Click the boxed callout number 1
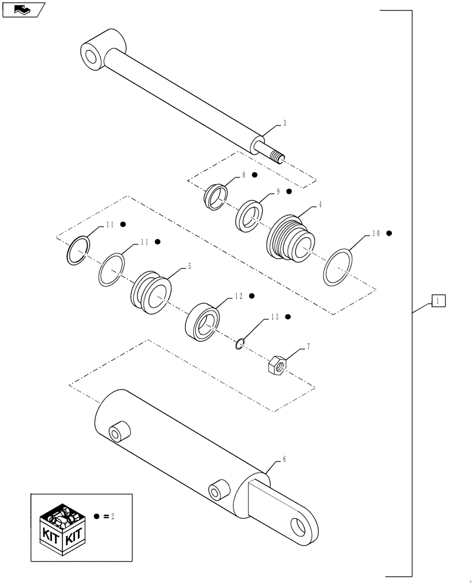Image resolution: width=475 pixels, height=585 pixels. click(439, 301)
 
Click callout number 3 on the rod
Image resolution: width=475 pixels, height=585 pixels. click(284, 123)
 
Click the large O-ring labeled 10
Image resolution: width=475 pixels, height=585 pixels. click(338, 267)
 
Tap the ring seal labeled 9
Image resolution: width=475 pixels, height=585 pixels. click(250, 215)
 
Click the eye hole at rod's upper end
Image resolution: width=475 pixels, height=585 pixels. click(92, 57)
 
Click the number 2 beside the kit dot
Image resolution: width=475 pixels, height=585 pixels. click(112, 517)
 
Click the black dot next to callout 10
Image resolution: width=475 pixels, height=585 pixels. click(388, 233)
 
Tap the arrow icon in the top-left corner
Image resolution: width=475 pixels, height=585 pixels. click(23, 9)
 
